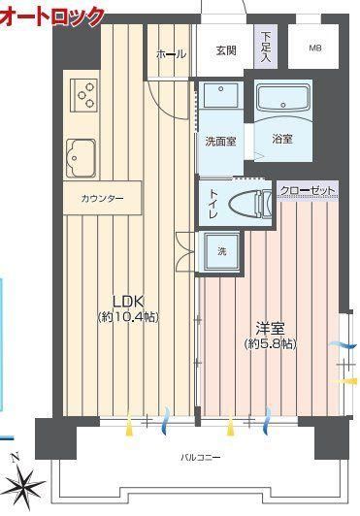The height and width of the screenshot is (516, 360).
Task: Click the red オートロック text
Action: coord(52,16)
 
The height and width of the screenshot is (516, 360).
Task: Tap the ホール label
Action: coord(171,53)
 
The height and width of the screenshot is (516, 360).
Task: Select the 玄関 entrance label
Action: coord(226,50)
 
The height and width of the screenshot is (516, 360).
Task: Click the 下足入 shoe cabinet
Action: coord(266,47)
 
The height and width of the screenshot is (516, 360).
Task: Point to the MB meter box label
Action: coord(314,48)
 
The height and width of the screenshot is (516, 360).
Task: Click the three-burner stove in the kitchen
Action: coord(84,95)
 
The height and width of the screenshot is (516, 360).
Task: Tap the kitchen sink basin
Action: coord(82,159)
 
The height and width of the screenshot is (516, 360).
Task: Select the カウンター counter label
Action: coord(102,199)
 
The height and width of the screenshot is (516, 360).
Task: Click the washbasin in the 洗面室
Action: coord(220,95)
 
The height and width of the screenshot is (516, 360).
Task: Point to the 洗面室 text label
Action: coord(220,142)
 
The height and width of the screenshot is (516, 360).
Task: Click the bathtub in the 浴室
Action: coord(283,99)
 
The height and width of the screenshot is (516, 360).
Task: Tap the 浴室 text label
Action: coord(282,139)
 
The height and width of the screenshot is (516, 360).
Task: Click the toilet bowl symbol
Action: coord(250,204)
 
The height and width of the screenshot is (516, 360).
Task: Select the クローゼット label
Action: coord(308,190)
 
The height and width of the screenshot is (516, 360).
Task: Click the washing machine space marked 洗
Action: coord(221,251)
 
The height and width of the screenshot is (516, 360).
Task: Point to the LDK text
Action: coord(128,301)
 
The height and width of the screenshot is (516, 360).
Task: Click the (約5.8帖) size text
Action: coord(271,344)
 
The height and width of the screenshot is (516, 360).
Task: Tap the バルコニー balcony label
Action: coord(200,457)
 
